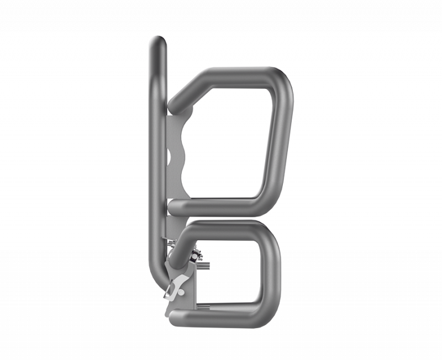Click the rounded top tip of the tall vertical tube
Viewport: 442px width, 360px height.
(x=157, y=42)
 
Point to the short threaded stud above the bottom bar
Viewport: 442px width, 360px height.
(x=204, y=307)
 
